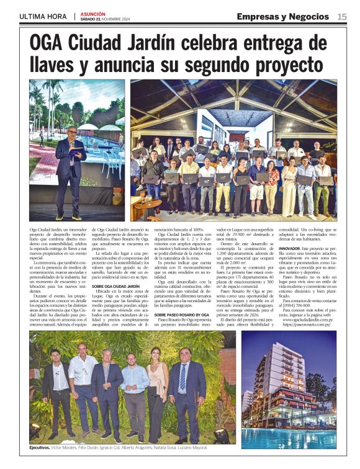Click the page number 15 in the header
[342, 16]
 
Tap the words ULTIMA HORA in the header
[43, 16]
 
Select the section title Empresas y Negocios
[284, 16]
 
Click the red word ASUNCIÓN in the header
[92, 13]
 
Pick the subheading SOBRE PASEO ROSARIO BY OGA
[182, 315]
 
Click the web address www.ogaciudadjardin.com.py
[308, 319]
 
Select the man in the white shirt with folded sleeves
[83, 388]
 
